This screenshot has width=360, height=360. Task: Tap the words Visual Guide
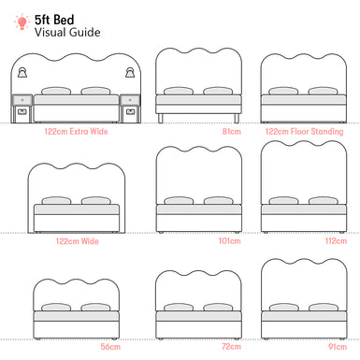click(x=65, y=33)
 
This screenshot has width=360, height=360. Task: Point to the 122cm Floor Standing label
click(x=306, y=132)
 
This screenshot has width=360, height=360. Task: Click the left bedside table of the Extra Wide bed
click(x=22, y=108)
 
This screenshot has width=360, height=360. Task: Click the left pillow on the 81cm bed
click(x=177, y=93)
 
